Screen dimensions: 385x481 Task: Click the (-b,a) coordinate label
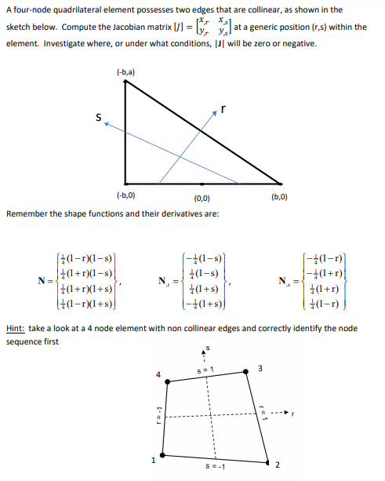point(124,72)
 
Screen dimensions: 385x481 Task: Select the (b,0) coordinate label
point(280,195)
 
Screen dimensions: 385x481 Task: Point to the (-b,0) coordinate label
point(124,195)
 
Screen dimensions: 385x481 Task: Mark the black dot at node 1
point(162,454)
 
